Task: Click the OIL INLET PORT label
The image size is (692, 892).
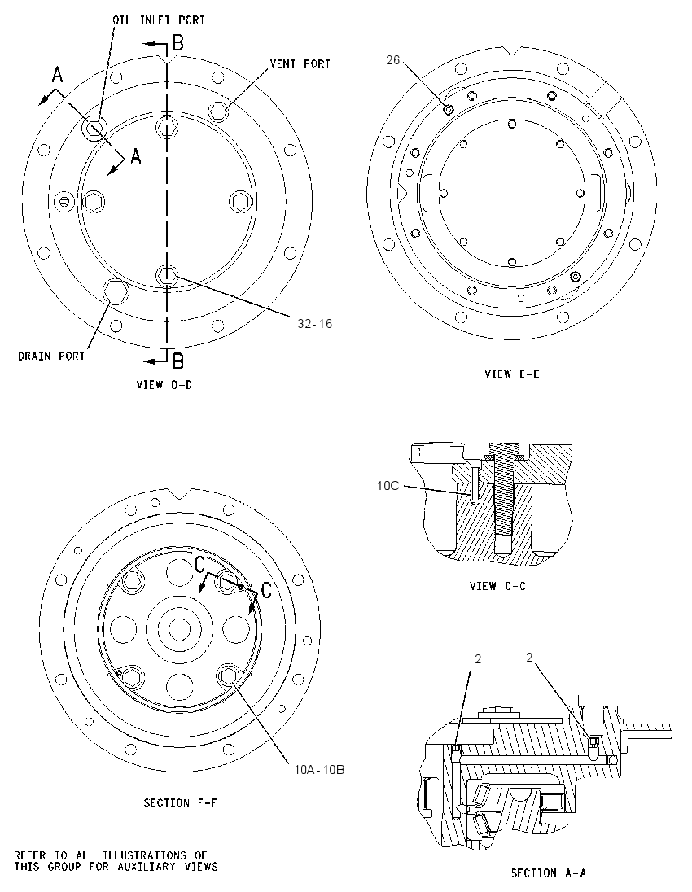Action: tap(159, 20)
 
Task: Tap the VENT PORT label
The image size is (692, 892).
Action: tap(300, 63)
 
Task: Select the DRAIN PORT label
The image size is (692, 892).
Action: tap(51, 356)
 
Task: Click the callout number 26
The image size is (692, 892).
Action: tap(393, 59)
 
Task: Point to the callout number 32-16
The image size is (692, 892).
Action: tap(315, 324)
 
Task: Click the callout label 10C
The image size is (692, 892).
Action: tap(388, 486)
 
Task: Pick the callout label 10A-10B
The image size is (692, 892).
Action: tap(319, 770)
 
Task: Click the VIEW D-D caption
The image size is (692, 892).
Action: tap(164, 385)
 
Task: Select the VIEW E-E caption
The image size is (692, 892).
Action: tap(512, 374)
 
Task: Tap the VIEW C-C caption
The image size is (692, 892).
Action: tap(498, 585)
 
